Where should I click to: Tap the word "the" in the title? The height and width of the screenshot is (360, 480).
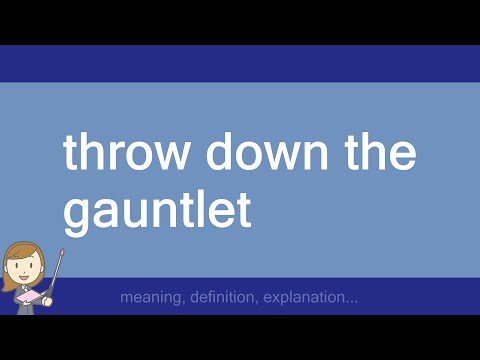pyautogui.click(x=380, y=155)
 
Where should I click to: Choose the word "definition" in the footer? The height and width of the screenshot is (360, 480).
pyautogui.click(x=226, y=298)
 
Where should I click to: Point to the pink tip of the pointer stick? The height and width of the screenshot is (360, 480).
pyautogui.click(x=63, y=251)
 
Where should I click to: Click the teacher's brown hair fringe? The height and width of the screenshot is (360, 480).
pyautogui.click(x=22, y=251)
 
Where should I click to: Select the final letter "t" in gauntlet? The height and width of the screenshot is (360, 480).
pyautogui.click(x=241, y=211)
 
